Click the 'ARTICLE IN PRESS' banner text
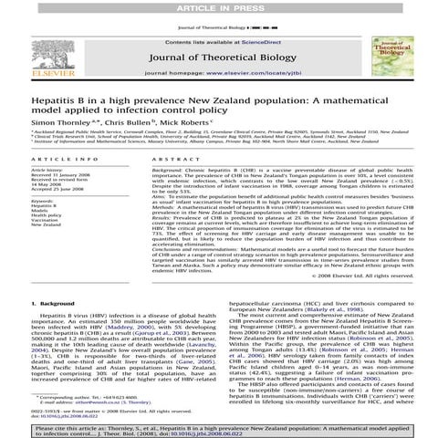point(219,6)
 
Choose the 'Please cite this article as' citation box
point(219,428)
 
